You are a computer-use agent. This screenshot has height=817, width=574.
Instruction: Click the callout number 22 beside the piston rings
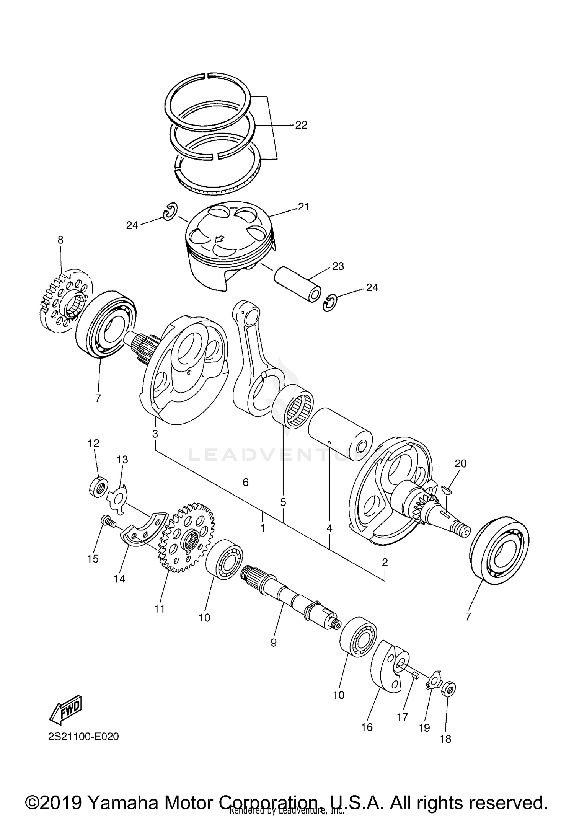[301, 125]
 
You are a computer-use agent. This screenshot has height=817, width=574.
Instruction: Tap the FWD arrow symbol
[66, 708]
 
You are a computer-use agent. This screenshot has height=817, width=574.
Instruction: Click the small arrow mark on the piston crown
[219, 240]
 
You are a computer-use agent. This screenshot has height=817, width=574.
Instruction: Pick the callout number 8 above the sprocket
[60, 240]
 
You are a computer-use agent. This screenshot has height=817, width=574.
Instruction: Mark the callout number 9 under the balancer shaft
[273, 643]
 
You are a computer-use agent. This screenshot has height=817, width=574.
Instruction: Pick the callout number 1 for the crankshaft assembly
[263, 528]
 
